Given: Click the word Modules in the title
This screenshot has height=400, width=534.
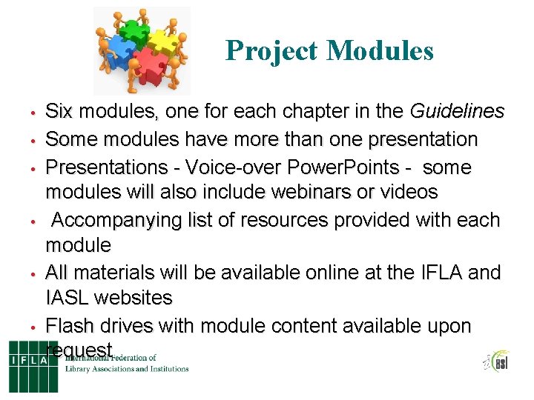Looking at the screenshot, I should pos(380,50).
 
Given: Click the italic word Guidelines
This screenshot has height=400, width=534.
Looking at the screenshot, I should pos(458,112).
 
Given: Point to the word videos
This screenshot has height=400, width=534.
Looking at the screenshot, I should pos(407,192).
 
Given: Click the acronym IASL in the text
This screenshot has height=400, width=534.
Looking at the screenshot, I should pos(70,299).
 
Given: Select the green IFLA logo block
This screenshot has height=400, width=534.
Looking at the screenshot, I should pos(33,366).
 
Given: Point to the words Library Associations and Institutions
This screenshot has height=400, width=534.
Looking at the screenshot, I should pos(127,368).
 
